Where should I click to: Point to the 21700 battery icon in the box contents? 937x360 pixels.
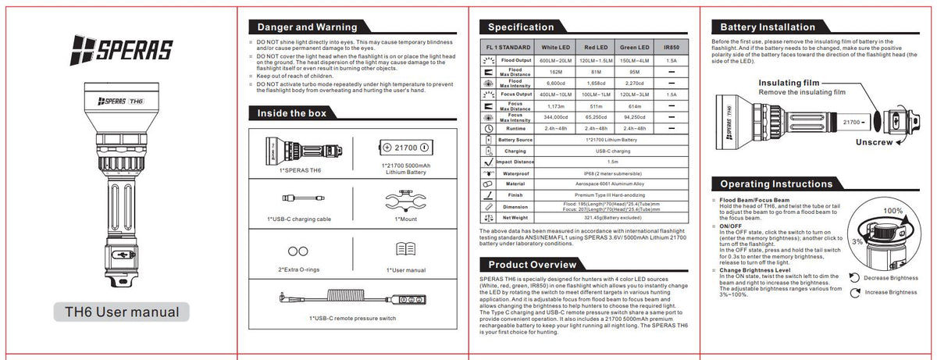pos(404,147)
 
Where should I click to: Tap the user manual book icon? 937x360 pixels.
pos(405,250)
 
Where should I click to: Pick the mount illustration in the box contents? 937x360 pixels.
pos(405,201)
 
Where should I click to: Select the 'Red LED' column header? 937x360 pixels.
pos(597,47)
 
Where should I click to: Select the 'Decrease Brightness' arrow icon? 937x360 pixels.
pos(856,277)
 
